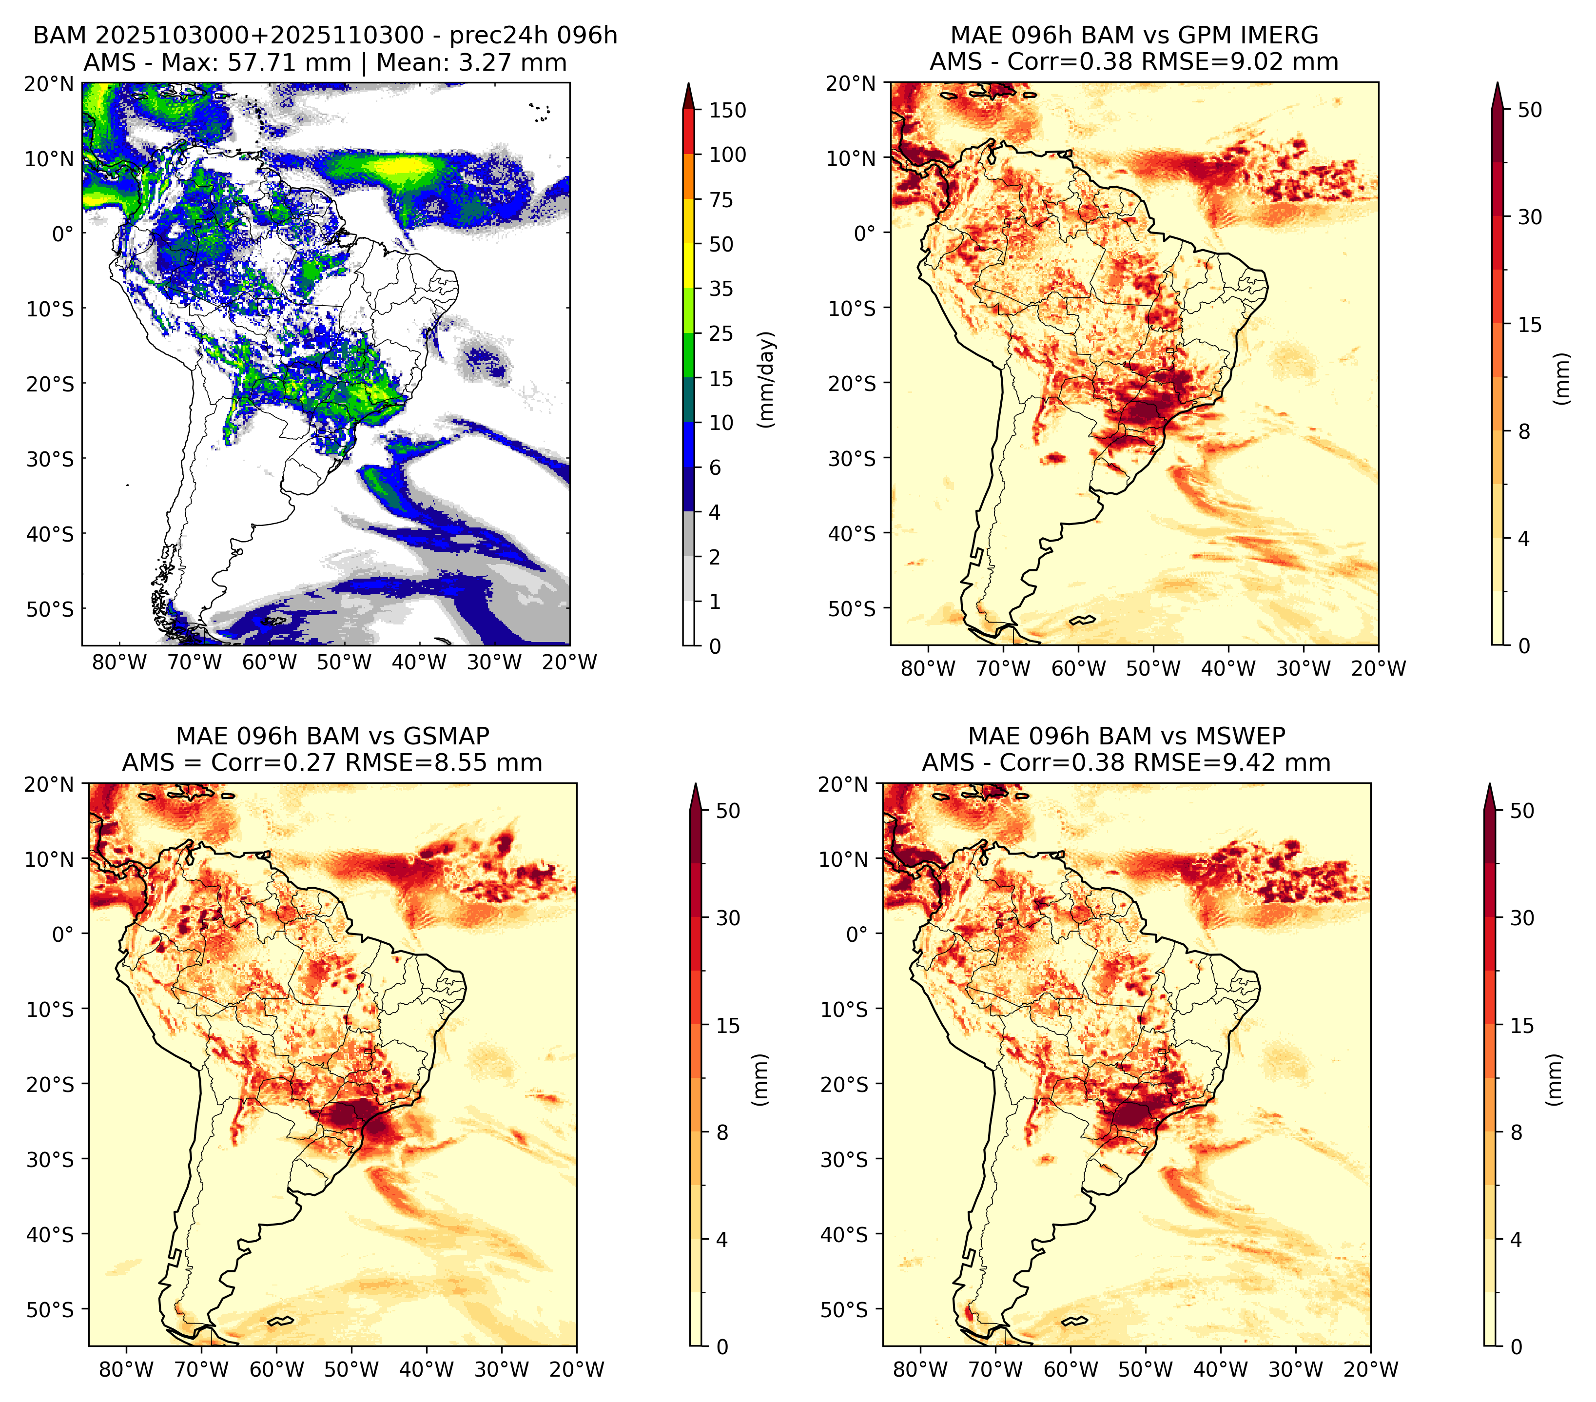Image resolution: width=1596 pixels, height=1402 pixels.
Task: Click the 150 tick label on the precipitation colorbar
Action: (x=727, y=110)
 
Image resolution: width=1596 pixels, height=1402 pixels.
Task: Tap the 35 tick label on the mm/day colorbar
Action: (x=720, y=289)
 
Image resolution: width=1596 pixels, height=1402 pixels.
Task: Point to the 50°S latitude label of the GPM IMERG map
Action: (x=852, y=608)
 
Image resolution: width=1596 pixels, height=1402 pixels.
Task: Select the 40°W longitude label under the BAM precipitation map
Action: (x=419, y=662)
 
